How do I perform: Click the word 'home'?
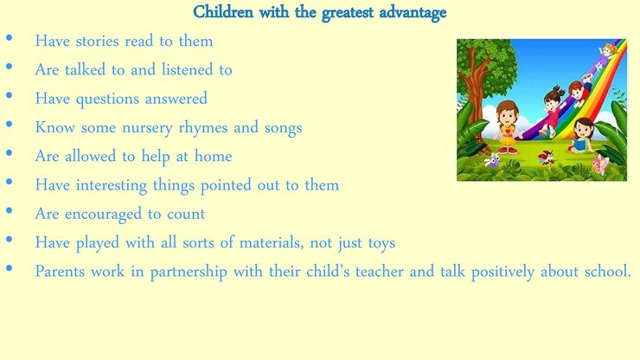(213, 156)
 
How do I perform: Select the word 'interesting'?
(112, 185)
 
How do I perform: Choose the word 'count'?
(186, 215)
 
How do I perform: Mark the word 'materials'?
(271, 242)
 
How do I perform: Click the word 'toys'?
(381, 243)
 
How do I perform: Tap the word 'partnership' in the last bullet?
(189, 272)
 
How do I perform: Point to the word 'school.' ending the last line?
(608, 272)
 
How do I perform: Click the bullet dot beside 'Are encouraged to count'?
(9, 211)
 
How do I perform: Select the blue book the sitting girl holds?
(578, 145)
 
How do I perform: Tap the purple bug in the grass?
(492, 160)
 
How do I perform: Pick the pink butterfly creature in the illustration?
(601, 164)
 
